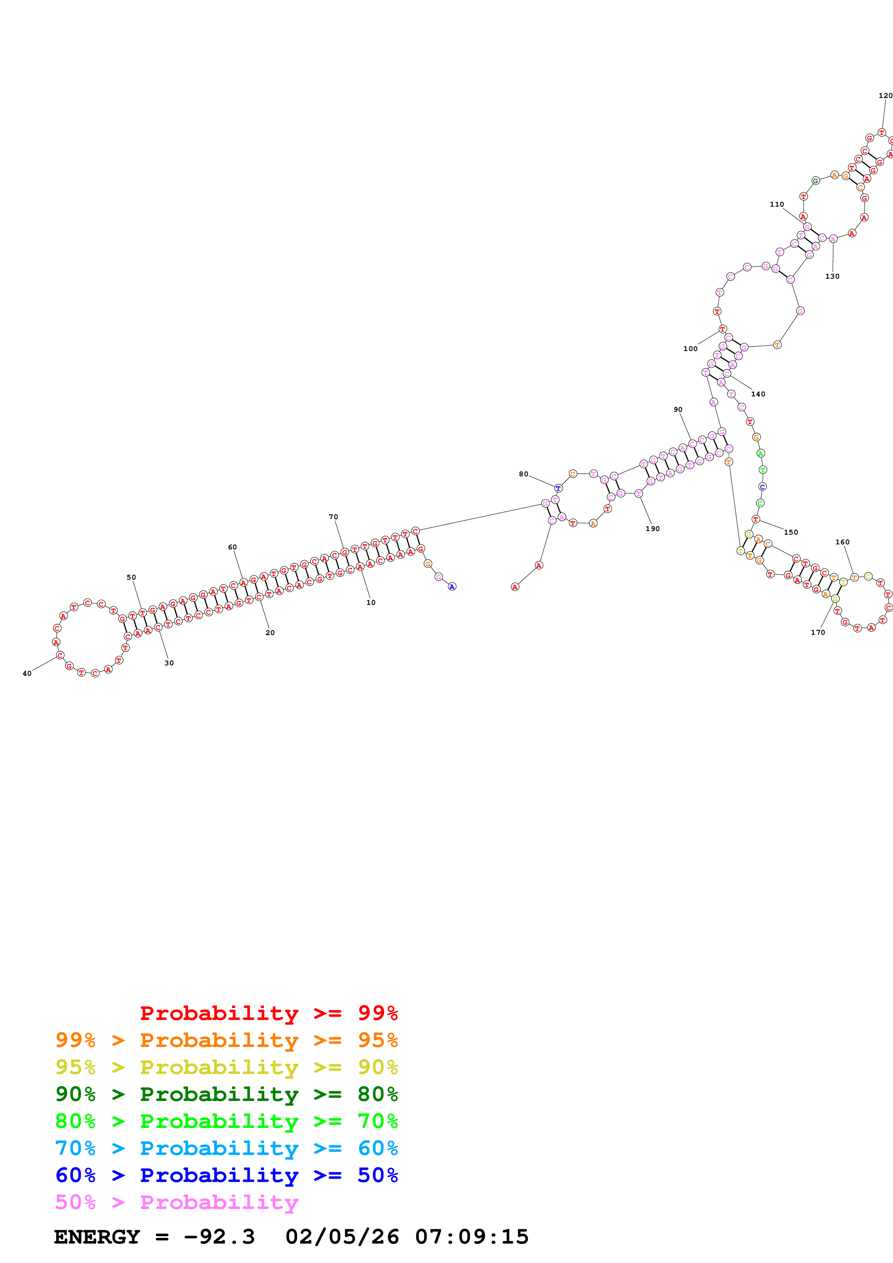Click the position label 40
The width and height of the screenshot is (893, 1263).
tap(27, 673)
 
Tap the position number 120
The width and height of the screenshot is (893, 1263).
tap(885, 96)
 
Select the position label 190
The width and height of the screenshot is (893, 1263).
tap(653, 529)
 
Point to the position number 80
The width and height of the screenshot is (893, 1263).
tap(523, 474)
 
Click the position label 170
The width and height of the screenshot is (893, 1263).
tap(818, 633)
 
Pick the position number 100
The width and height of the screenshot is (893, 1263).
tap(690, 349)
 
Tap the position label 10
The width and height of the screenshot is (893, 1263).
tap(371, 602)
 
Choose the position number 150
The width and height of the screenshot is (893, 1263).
tap(791, 532)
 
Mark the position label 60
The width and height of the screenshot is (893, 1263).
tap(232, 547)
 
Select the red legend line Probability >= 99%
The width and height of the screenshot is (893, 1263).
tap(268, 1013)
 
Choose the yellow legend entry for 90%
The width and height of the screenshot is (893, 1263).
tap(226, 1067)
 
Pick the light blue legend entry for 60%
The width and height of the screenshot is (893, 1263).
tap(226, 1148)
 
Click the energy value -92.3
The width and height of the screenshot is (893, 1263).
tap(219, 1237)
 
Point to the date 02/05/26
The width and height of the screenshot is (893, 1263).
tap(342, 1237)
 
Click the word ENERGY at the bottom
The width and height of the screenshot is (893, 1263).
tap(97, 1237)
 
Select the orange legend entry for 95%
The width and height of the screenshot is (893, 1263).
tap(226, 1040)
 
